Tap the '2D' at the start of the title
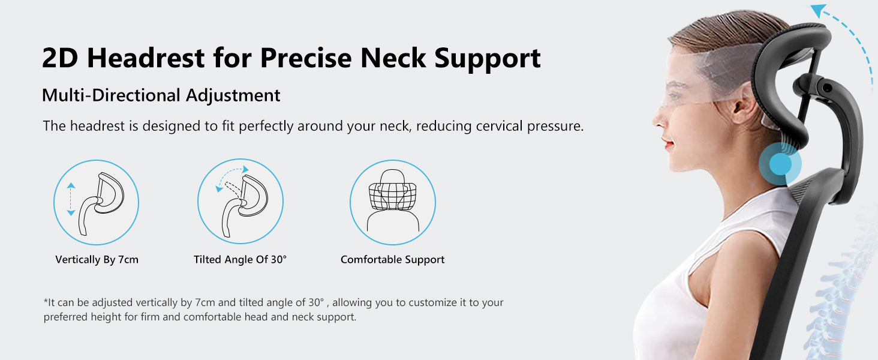[61, 58]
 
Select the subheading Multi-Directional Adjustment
[161, 95]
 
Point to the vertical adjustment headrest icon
[96, 202]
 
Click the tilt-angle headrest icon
[240, 202]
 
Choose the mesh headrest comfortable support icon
[393, 202]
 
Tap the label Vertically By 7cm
[97, 260]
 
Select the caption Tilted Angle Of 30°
[240, 260]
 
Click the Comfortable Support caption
[392, 260]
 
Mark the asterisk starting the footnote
[46, 302]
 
